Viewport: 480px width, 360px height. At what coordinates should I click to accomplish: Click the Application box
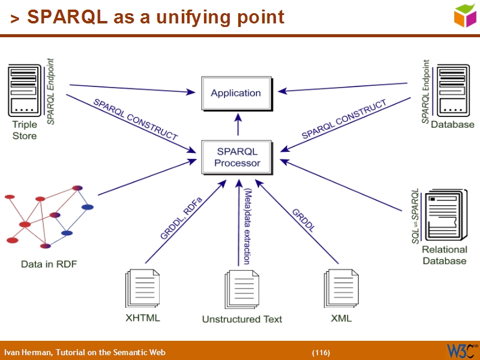pyautogui.click(x=236, y=93)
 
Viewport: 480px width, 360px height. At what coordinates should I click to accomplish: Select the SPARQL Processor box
pyautogui.click(x=238, y=157)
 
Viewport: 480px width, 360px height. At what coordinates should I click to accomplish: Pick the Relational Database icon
pyautogui.click(x=444, y=217)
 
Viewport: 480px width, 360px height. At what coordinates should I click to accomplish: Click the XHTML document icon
pyautogui.click(x=143, y=289)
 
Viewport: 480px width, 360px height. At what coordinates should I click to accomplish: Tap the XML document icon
pyautogui.click(x=341, y=289)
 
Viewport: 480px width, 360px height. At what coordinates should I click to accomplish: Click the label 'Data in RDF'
pyautogui.click(x=49, y=264)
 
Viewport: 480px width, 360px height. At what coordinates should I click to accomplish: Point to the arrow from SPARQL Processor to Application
pyautogui.click(x=238, y=125)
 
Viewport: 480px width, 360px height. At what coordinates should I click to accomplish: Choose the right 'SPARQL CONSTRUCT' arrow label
pyautogui.click(x=344, y=120)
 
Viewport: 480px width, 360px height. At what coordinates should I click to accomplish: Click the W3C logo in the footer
pyautogui.click(x=461, y=350)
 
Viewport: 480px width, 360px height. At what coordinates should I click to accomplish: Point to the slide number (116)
pyautogui.click(x=320, y=352)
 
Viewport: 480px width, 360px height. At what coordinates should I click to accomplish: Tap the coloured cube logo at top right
pyautogui.click(x=465, y=15)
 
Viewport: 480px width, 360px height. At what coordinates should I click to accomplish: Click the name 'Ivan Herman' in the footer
pyautogui.click(x=28, y=352)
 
